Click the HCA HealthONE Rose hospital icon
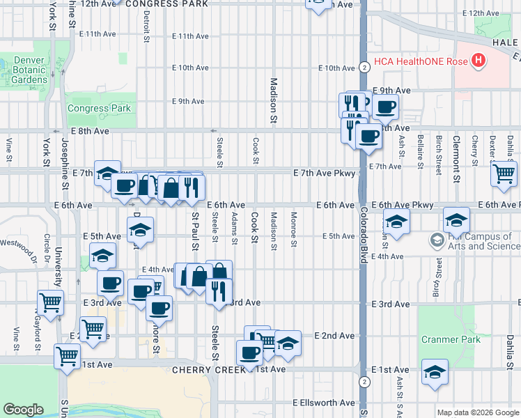[x=478, y=61]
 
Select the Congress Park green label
[x=99, y=108]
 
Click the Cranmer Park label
[x=451, y=339]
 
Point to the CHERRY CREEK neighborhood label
[x=200, y=370]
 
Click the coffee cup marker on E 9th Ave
[x=384, y=107]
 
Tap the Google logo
[x=23, y=410]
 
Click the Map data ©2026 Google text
[x=478, y=412]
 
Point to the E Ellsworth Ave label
[x=324, y=403]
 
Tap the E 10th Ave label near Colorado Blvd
[x=337, y=68]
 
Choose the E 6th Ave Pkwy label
[x=403, y=205]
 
